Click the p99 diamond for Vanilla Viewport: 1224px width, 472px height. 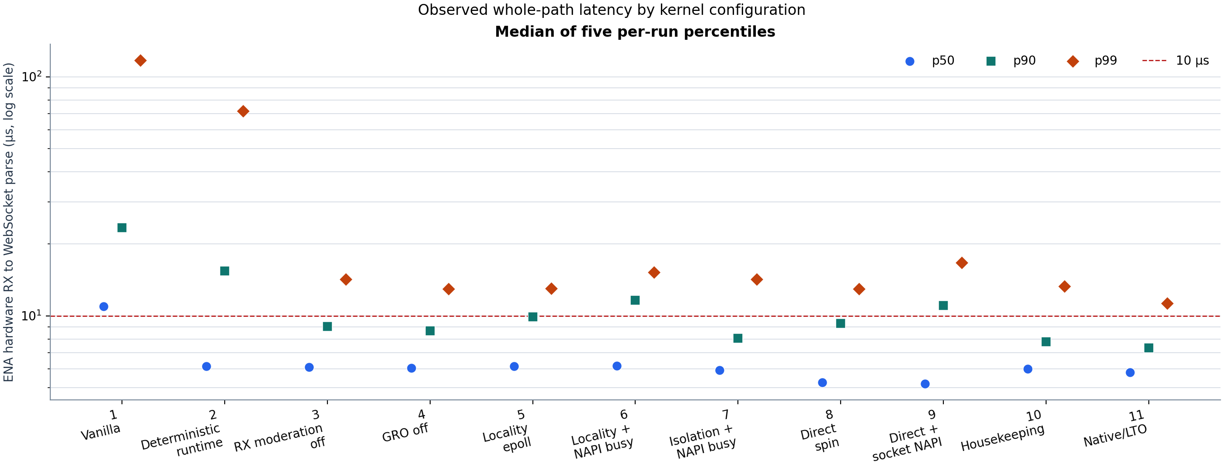coord(140,60)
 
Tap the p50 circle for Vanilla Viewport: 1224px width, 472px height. coord(104,307)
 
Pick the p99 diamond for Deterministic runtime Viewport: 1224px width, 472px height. coord(243,111)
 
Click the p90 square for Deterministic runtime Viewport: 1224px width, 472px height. coord(225,271)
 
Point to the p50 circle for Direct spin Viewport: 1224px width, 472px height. coord(823,383)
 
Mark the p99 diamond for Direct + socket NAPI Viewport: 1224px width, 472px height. coord(962,263)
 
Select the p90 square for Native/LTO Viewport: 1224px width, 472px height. coord(1149,348)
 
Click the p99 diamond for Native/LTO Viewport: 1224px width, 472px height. coord(1167,303)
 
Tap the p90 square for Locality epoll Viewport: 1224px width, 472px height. coord(532,317)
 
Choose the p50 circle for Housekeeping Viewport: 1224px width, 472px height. coord(1028,369)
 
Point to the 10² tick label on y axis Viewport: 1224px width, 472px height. coord(32,76)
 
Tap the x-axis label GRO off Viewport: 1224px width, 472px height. coord(405,433)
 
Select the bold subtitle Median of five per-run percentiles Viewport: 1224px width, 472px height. coord(635,32)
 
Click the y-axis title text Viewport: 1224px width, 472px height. coord(9,222)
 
